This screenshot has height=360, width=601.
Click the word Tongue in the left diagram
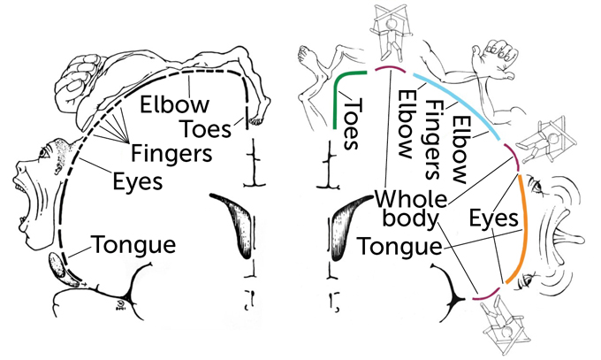(x=132, y=244)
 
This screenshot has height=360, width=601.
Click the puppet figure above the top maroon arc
(x=384, y=31)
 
